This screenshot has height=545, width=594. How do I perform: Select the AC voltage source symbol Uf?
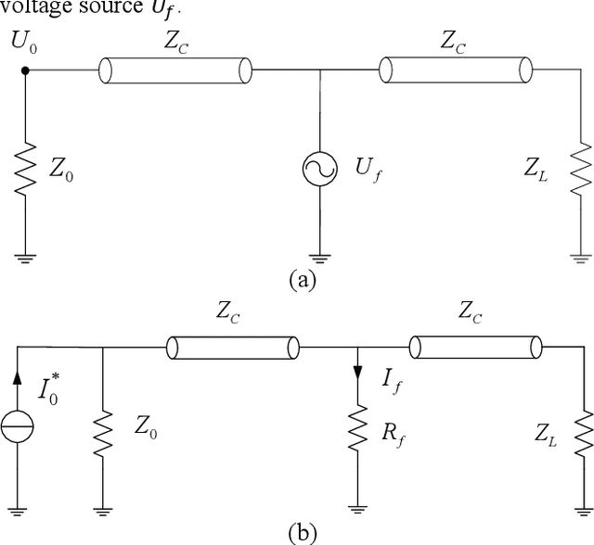[x=319, y=170]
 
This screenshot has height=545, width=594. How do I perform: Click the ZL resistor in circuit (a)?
[x=581, y=170]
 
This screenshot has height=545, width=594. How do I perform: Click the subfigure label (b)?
[x=303, y=533]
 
